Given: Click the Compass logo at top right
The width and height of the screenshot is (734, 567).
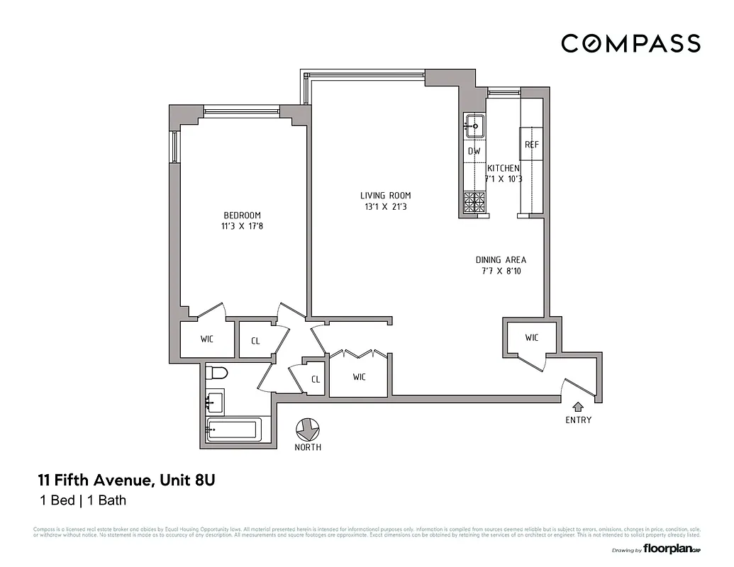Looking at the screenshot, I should click(630, 43).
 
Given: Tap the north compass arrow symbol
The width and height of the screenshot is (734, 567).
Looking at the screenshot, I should click(307, 429).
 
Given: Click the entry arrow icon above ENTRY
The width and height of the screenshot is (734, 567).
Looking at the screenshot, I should click(578, 407).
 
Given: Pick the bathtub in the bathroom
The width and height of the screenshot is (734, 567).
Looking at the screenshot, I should click(233, 430).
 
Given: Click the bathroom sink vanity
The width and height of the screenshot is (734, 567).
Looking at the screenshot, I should click(213, 402).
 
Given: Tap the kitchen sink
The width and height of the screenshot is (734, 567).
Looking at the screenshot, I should click(474, 127).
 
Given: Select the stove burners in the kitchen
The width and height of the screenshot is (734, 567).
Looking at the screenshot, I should click(474, 203).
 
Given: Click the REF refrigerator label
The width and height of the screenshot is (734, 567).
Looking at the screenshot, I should click(532, 145).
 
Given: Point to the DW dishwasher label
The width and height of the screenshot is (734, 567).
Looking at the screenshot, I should click(474, 151).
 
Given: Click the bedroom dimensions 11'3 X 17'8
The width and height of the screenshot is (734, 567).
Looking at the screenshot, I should click(242, 227).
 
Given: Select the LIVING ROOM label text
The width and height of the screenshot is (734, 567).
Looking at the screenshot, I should click(385, 196).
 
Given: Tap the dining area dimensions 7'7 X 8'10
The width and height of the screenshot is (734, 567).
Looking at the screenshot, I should click(501, 271).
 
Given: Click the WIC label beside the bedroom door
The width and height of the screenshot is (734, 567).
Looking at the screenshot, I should click(206, 339).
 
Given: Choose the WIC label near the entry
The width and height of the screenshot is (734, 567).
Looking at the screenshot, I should click(532, 337).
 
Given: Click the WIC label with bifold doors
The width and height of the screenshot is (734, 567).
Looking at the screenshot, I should click(360, 376).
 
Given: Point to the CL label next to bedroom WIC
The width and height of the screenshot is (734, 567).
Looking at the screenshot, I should click(255, 341).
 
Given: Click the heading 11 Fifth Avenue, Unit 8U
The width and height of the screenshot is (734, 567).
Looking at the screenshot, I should click(126, 481).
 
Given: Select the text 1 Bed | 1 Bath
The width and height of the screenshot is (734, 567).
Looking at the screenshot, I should click(82, 501).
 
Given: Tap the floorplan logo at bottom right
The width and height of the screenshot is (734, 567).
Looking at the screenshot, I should click(667, 549).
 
